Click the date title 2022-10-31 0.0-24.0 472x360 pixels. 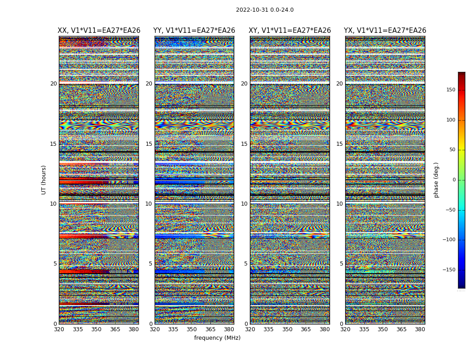[x=264, y=10]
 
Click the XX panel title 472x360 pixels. [x=99, y=31]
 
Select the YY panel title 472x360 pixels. [x=194, y=31]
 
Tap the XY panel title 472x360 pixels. [x=290, y=31]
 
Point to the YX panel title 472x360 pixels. [x=385, y=31]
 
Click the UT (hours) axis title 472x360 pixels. [x=44, y=180]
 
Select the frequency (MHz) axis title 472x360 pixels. [x=217, y=338]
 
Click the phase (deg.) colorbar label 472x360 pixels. [x=436, y=180]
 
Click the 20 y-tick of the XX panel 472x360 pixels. [x=53, y=84]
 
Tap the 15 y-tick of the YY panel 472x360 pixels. [x=149, y=144]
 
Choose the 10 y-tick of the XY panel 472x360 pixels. [x=244, y=204]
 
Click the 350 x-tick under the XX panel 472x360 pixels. [x=97, y=329]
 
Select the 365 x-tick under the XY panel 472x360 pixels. [x=306, y=329]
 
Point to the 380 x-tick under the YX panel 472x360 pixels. [x=420, y=329]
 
